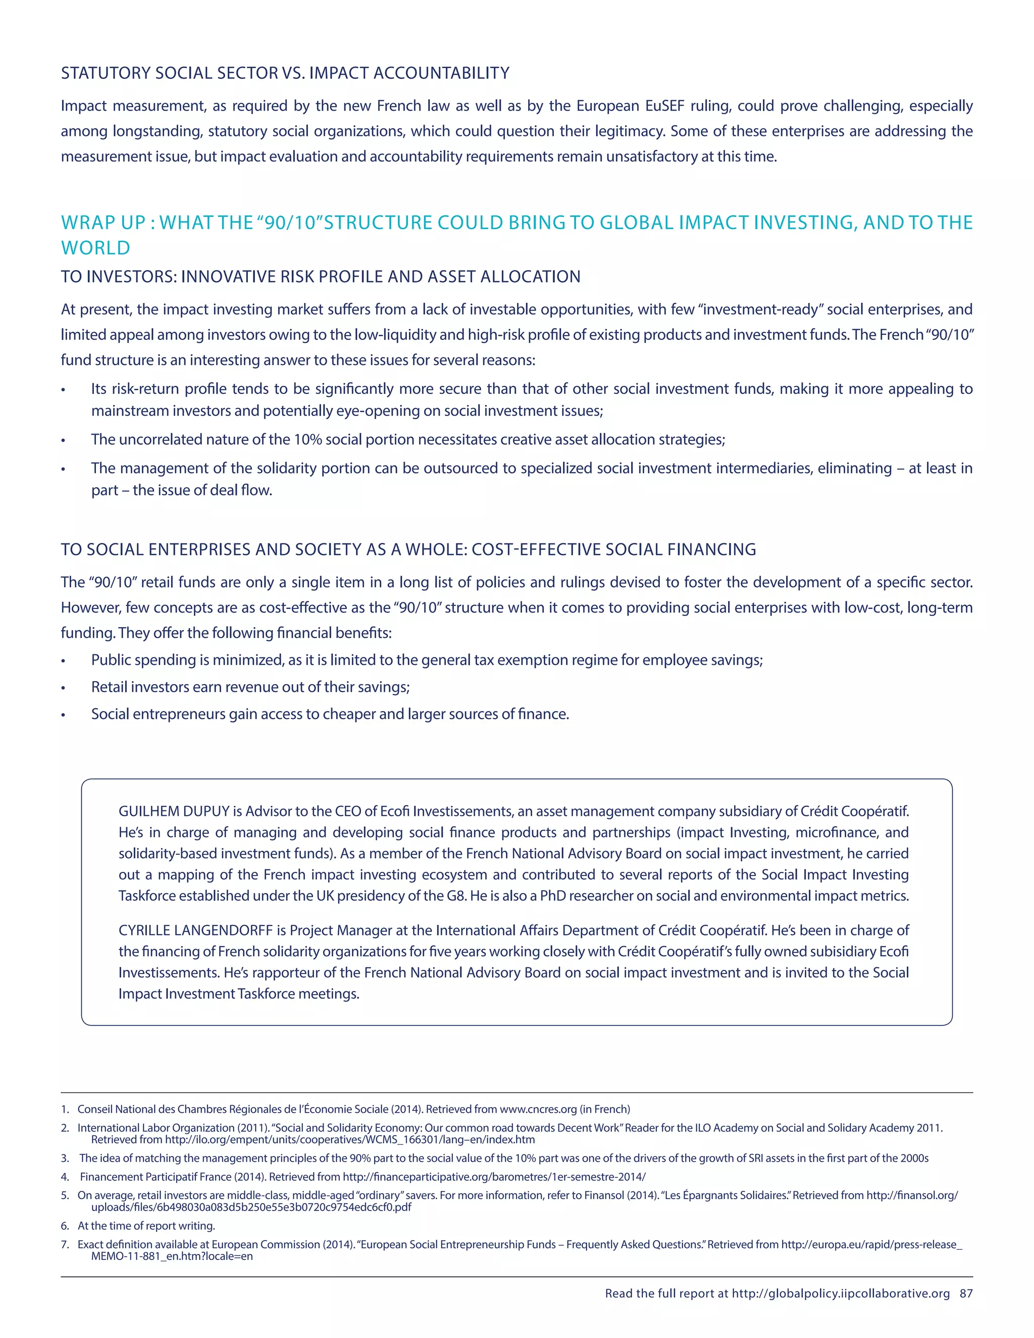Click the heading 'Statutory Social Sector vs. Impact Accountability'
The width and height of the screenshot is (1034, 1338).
[x=285, y=73]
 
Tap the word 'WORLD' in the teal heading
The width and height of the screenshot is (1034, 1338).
[x=95, y=248]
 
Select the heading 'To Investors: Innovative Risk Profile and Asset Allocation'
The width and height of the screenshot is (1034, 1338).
[x=321, y=276]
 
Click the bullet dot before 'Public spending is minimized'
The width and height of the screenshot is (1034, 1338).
[x=63, y=661]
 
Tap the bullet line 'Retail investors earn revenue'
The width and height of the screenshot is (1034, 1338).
[x=250, y=687]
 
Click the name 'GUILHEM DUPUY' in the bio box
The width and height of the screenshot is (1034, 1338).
[x=174, y=811]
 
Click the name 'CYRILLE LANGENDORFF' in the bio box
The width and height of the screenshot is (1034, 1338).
[x=195, y=930]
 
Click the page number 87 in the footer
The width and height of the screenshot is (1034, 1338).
[x=966, y=1293]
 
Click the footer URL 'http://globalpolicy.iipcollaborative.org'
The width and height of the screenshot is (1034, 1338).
[x=841, y=1293]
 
